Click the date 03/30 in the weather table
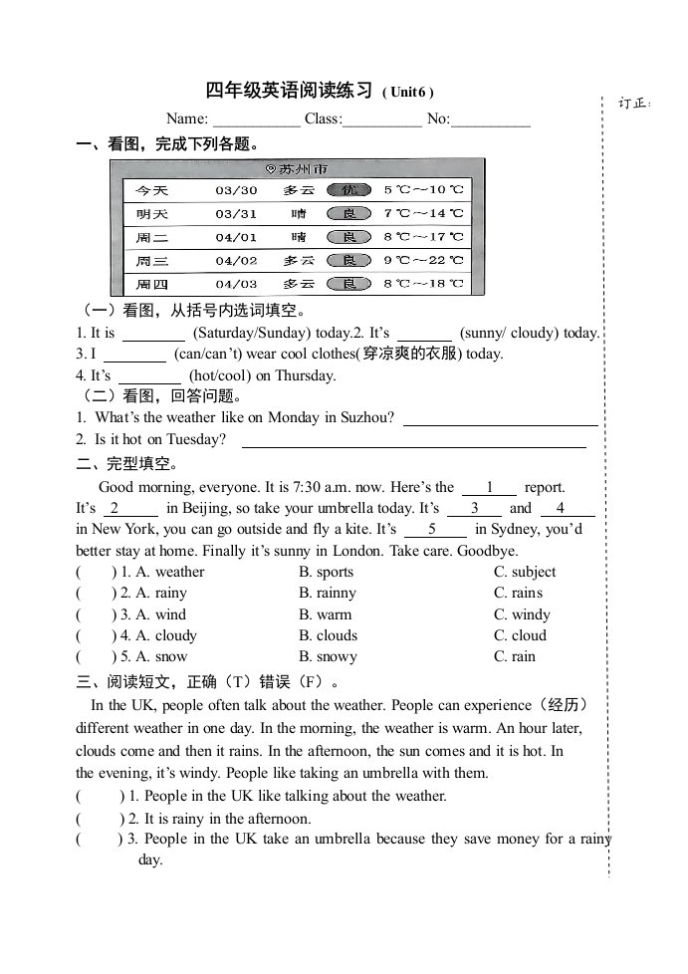(236, 190)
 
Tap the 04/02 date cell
(236, 260)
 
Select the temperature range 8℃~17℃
(423, 237)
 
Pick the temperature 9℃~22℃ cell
(423, 260)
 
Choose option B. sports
(326, 572)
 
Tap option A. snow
(153, 656)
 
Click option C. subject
(525, 572)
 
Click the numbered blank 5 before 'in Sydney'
(432, 529)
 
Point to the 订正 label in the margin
(633, 103)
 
